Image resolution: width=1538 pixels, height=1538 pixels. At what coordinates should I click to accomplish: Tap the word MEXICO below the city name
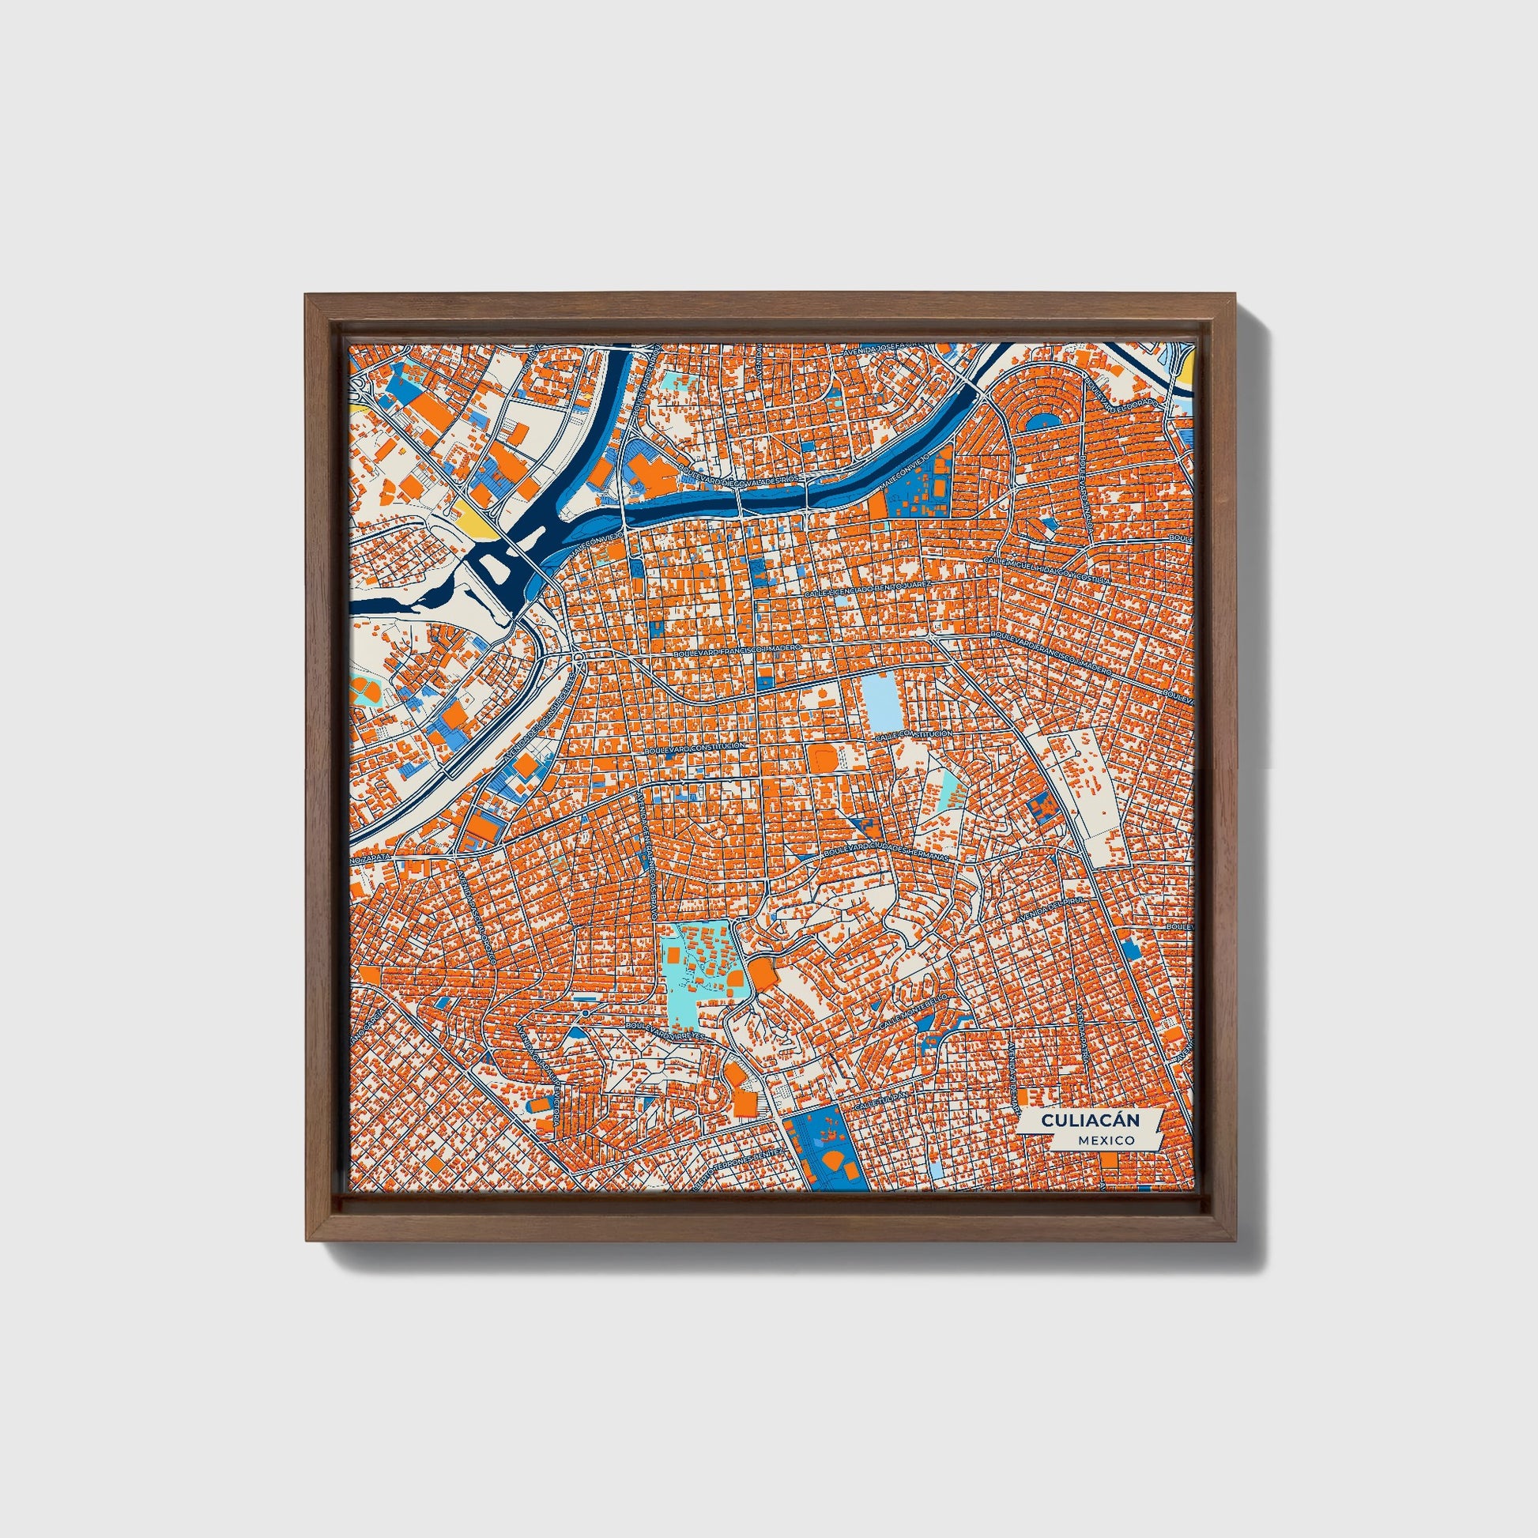click(1106, 1140)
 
